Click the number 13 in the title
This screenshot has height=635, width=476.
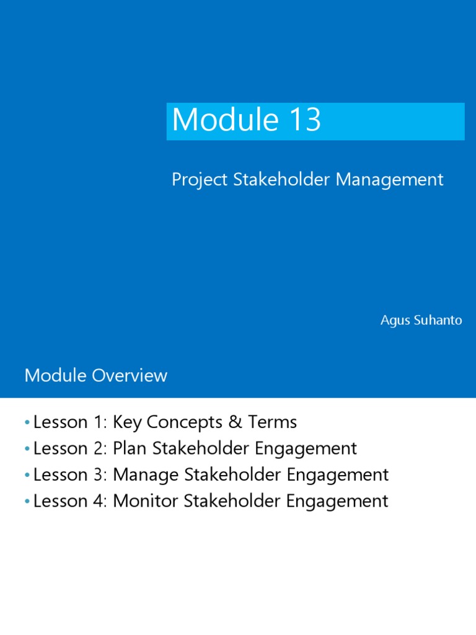coord(304,120)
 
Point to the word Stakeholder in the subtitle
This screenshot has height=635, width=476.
coord(283,180)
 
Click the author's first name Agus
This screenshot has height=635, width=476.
coord(394,321)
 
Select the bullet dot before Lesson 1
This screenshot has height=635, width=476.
coord(27,423)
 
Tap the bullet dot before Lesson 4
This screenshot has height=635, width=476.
coord(27,502)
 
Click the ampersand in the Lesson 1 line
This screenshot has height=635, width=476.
coord(235,422)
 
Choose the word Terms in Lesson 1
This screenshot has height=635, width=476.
coord(273,422)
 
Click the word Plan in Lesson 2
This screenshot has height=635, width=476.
coord(128,448)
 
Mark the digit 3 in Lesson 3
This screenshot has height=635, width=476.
coord(99,475)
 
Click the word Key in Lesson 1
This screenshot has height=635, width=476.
coord(126,423)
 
